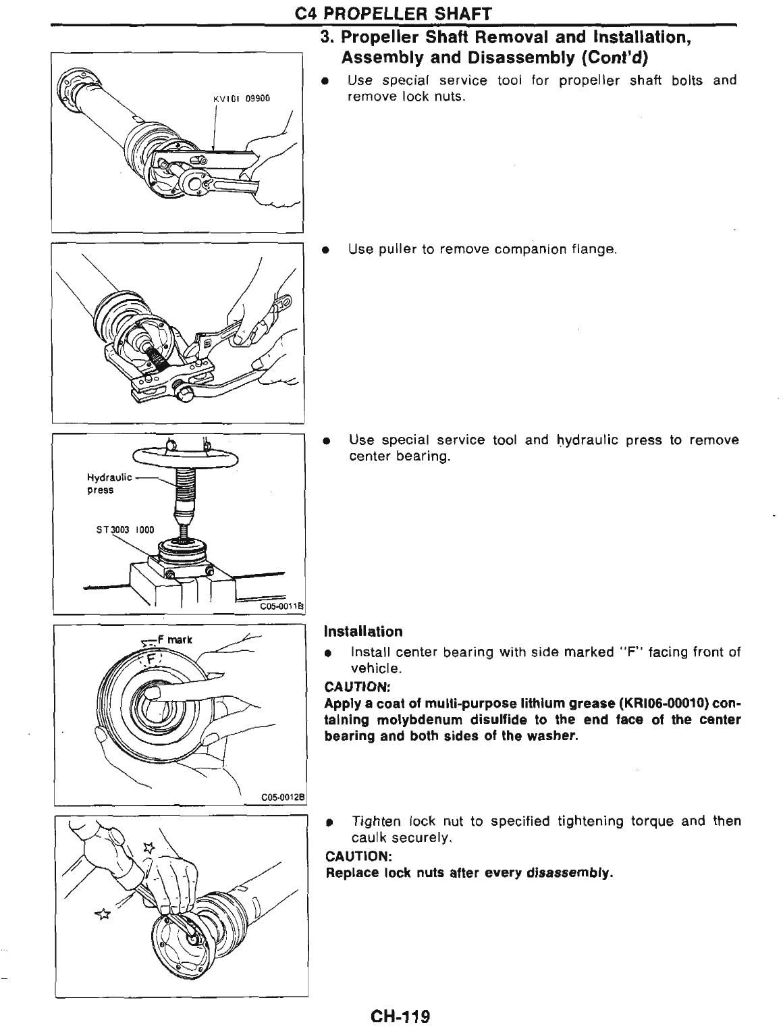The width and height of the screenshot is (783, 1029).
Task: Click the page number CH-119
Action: (x=399, y=1016)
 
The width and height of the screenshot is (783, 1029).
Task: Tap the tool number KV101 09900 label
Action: (x=241, y=99)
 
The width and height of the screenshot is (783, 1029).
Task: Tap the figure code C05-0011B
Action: (x=283, y=607)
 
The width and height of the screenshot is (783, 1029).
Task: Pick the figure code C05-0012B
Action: (x=283, y=797)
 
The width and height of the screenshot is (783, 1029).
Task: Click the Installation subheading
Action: (x=363, y=632)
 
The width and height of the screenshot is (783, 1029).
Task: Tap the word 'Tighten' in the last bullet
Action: (x=376, y=822)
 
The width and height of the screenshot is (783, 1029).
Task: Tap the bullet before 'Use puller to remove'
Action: (x=326, y=250)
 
